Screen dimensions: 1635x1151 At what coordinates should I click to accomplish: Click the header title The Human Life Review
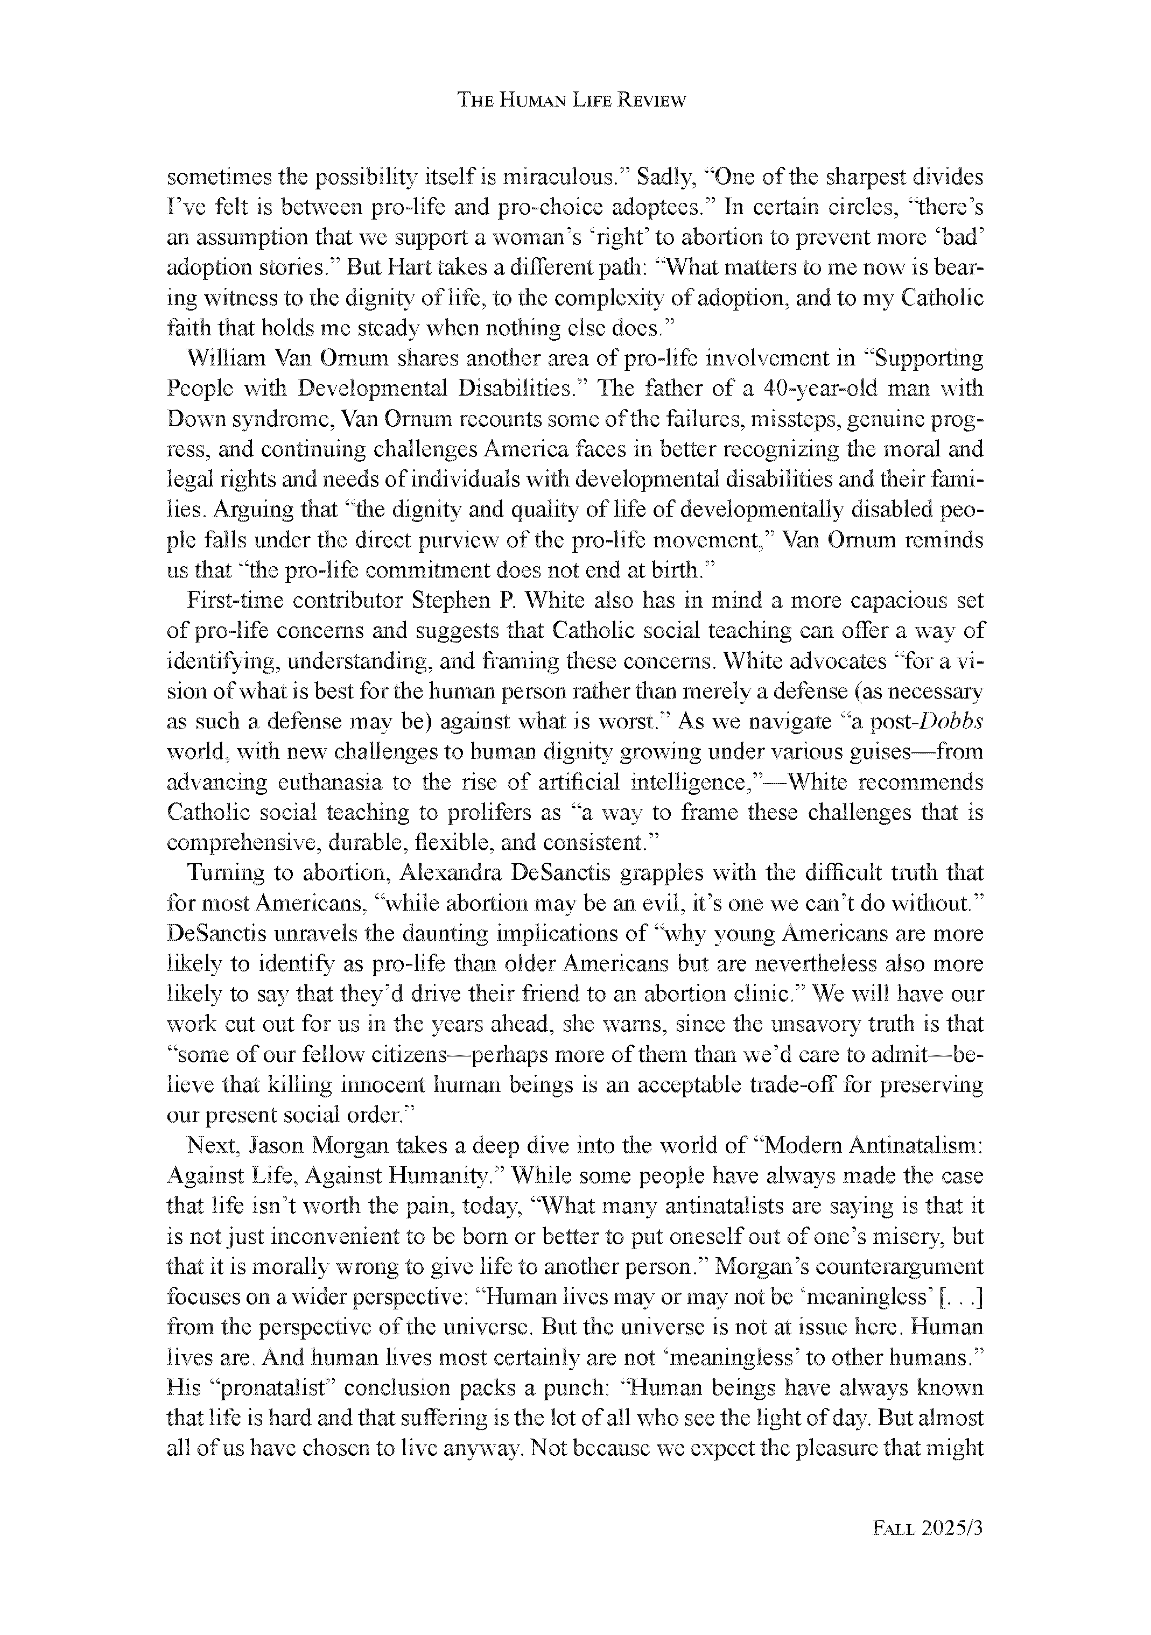pyautogui.click(x=571, y=101)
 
